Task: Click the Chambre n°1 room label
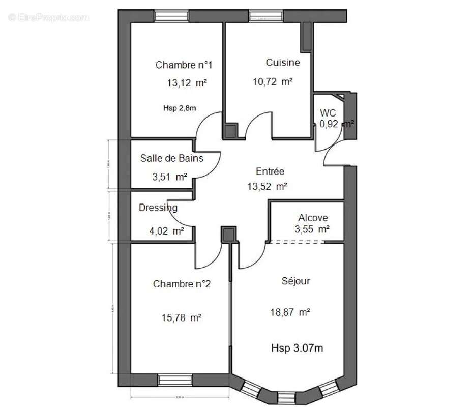[184, 65]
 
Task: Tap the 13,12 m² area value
[186, 83]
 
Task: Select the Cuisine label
[283, 63]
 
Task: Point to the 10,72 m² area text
[273, 81]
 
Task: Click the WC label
[328, 112]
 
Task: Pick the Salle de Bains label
[171, 158]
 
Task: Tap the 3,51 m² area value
[169, 177]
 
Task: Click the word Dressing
[158, 208]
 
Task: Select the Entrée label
[270, 171]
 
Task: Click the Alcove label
[313, 217]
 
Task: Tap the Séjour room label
[295, 281]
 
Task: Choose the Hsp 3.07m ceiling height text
[298, 348]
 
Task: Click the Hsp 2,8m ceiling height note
[180, 108]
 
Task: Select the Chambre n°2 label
[182, 284]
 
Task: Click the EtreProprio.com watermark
[48, 17]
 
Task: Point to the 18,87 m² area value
[290, 312]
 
